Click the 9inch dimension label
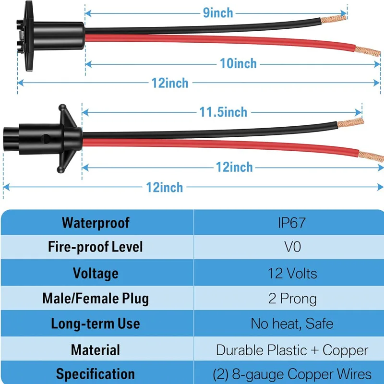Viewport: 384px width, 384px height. point(218,12)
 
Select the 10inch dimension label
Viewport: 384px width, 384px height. point(238,63)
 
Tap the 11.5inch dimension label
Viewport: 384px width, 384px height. point(223,112)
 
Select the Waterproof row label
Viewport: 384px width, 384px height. point(96,222)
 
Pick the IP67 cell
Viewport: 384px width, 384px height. point(291,222)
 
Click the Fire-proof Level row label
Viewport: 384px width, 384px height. point(96,247)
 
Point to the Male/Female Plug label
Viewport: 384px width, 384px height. point(96,298)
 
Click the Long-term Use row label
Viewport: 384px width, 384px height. point(96,323)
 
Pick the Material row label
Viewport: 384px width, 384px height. point(96,349)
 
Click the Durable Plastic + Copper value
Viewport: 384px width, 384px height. point(292,350)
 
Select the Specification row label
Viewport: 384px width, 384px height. point(96,374)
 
